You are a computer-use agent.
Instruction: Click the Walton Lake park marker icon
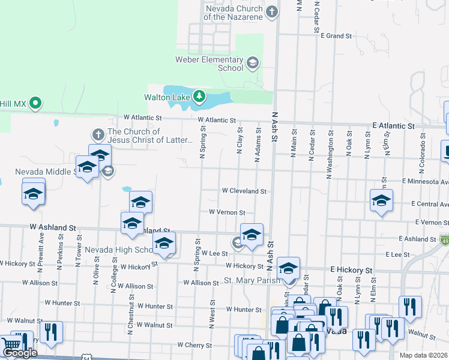[x=199, y=97]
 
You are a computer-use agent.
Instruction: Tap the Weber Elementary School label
[x=209, y=64]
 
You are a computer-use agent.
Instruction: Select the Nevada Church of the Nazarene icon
[x=272, y=11]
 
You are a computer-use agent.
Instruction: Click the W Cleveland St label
[x=244, y=191]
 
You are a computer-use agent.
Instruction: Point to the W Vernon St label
[x=227, y=212]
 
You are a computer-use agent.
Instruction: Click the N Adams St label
[x=258, y=144]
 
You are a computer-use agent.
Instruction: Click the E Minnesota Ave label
[x=426, y=181]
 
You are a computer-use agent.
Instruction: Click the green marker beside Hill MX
[x=36, y=103]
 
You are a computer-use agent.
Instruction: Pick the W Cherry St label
[x=195, y=345]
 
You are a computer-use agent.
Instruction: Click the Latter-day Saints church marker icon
[x=98, y=133]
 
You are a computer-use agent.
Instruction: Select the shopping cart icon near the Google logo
[x=12, y=344]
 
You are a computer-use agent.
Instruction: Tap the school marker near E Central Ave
[x=381, y=201]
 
